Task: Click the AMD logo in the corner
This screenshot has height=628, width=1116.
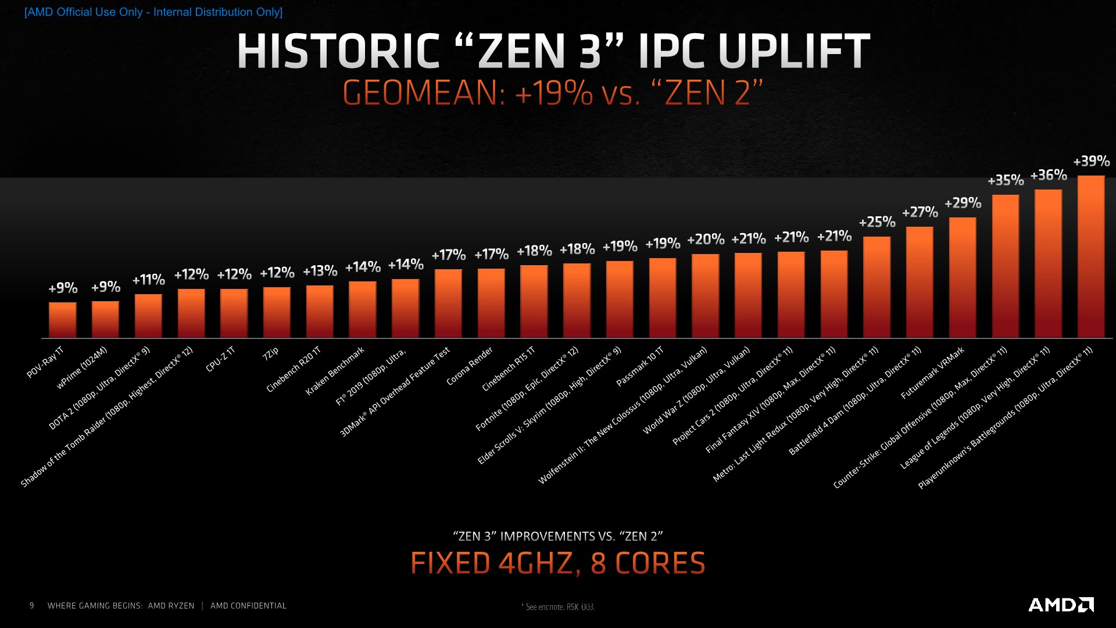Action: (1061, 605)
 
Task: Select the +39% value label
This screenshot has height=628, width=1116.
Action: (1091, 161)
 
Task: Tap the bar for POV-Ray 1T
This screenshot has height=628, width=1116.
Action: (63, 320)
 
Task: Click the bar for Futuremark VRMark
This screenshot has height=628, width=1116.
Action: (963, 277)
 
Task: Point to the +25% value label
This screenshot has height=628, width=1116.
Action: (877, 222)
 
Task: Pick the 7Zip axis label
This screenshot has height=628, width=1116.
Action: (271, 353)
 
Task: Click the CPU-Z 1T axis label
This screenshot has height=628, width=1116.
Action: (220, 359)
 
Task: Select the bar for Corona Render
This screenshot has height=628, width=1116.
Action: (491, 303)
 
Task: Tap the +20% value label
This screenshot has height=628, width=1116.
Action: (706, 240)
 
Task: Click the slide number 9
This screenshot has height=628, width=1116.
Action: (32, 606)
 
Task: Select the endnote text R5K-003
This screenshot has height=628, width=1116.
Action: (580, 607)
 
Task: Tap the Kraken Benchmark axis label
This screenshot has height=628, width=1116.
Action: (335, 371)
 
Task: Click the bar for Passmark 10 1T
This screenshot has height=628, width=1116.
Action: (663, 298)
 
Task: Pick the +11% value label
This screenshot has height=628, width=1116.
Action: (149, 280)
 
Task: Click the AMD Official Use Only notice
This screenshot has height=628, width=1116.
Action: (153, 12)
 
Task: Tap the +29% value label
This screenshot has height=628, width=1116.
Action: (963, 204)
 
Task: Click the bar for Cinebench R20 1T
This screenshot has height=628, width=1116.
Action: (320, 311)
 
